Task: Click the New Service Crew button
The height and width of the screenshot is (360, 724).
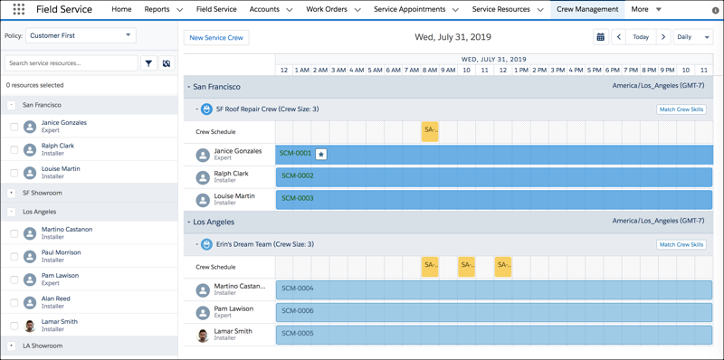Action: click(x=216, y=37)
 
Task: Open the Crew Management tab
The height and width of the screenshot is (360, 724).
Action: click(x=587, y=9)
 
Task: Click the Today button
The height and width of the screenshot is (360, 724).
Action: click(x=641, y=37)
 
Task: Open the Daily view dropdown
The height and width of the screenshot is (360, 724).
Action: click(x=693, y=37)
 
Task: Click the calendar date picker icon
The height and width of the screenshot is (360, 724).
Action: click(x=600, y=37)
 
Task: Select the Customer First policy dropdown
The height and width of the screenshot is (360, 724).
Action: click(x=81, y=35)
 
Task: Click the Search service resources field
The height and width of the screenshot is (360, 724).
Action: click(x=71, y=63)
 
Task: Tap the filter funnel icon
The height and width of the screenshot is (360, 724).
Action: click(x=148, y=63)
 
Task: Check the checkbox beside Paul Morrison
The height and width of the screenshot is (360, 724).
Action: click(x=14, y=257)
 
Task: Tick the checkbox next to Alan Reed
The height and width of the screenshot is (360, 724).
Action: click(x=14, y=303)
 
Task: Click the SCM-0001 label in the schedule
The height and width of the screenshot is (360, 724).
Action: click(x=296, y=154)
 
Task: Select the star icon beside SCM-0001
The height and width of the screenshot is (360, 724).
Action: click(x=320, y=155)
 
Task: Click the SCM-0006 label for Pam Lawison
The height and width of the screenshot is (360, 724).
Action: click(x=298, y=311)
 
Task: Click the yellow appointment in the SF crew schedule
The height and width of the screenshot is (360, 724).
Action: click(x=430, y=131)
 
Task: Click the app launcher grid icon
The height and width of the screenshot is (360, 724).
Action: click(x=18, y=10)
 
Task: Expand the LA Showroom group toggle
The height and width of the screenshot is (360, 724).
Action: click(x=11, y=346)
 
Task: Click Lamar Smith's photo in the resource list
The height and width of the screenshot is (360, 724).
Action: click(x=30, y=326)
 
